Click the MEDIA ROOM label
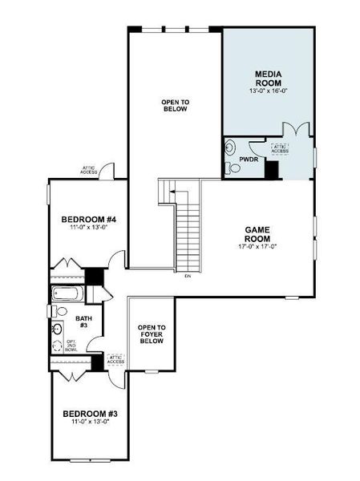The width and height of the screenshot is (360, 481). coord(269,78)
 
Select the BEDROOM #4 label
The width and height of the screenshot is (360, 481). coord(89,220)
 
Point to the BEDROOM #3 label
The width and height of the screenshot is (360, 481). coord(90,414)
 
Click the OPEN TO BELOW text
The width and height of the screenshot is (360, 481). coord(174,105)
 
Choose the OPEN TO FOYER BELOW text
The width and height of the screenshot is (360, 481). coord(151,333)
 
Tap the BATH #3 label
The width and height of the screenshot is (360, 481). coord(83,321)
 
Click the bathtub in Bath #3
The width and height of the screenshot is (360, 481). coord(65,294)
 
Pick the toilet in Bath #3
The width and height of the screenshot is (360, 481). coord(61,310)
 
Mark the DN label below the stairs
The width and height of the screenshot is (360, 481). coord(187,277)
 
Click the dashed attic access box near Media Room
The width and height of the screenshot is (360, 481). coord(280,148)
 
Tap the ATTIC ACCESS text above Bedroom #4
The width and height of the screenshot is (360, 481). coord(89,170)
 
